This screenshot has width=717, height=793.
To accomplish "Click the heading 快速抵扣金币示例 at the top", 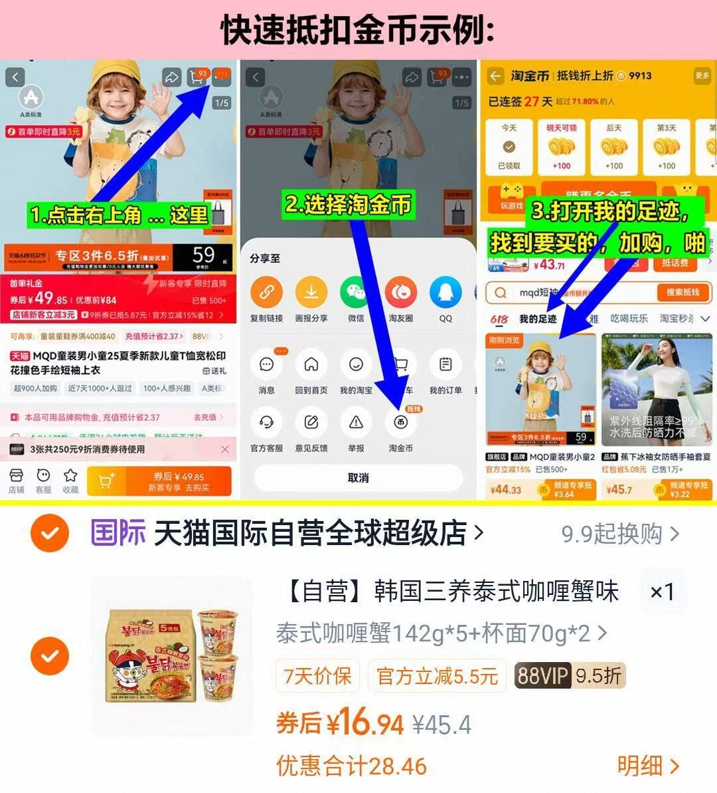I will point(358,30).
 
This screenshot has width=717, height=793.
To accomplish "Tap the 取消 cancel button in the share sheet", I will point(358,477).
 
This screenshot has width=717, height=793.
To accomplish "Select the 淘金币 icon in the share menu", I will point(401,423).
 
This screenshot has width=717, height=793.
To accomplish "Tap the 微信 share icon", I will point(357,292).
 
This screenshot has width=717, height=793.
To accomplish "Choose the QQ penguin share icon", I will point(445,292).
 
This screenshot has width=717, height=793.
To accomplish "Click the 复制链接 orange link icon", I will point(266,292).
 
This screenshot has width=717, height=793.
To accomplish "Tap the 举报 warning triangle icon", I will point(357,423).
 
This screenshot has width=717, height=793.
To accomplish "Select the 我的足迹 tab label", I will point(537,319).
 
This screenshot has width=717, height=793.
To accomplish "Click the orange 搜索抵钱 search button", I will point(683,292).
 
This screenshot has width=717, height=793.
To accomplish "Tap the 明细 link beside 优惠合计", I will point(648,766).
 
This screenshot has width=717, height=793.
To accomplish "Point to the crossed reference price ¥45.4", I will point(441,725).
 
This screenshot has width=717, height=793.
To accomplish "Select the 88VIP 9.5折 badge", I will point(570,676).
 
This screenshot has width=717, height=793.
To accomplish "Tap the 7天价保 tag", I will point(317,676).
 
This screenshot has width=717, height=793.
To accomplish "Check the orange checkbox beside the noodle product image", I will point(50,655).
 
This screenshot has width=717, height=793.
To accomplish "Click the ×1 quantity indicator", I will point(661,591).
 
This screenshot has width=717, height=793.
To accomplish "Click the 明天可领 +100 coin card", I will point(562,147).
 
